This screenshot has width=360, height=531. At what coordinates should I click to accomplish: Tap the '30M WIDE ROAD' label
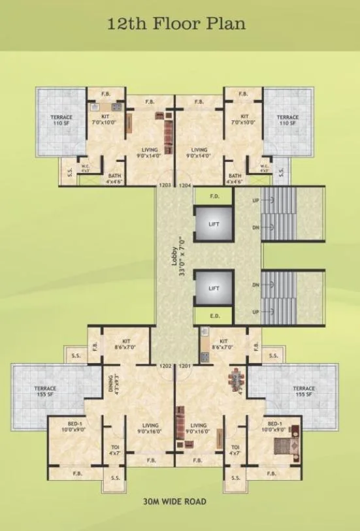coord(174,502)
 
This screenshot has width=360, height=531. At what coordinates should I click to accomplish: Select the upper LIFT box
coord(214,225)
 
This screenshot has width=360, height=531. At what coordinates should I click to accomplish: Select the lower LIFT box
coord(214,287)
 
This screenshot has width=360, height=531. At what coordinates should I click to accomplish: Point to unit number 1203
coord(165,185)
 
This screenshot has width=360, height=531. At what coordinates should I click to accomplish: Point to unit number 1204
coord(185,185)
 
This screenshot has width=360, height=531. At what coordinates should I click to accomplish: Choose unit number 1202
coord(165,366)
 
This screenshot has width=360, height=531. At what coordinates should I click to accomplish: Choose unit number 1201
coord(185,366)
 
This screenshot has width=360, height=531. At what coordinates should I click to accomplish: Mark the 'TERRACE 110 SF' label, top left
coord(61,120)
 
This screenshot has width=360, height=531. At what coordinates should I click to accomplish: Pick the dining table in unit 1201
coord(235,381)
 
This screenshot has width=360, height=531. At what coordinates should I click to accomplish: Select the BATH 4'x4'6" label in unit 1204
coord(235,179)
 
